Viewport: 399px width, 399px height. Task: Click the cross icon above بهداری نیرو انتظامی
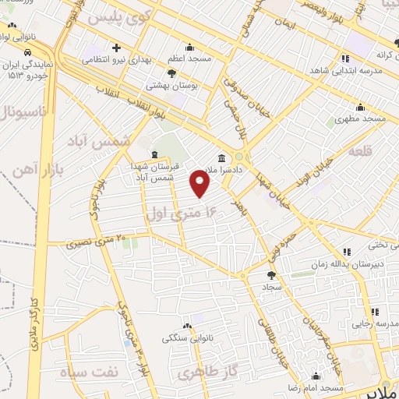[x=115, y=48]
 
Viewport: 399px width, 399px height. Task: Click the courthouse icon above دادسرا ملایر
[x=223, y=157]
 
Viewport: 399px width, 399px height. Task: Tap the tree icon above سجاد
[x=271, y=275]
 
